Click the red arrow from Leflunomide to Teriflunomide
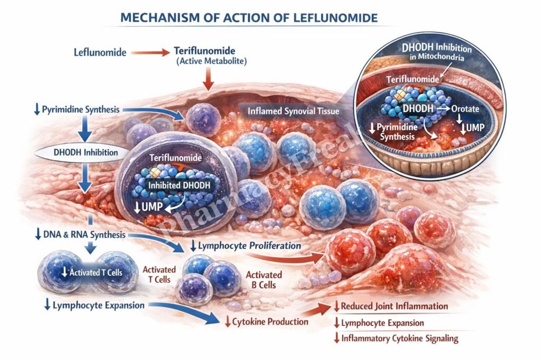[149, 52]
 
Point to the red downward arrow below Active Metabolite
[208, 81]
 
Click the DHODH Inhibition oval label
[83, 153]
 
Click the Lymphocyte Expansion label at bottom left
[94, 305]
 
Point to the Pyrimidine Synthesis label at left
[75, 110]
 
